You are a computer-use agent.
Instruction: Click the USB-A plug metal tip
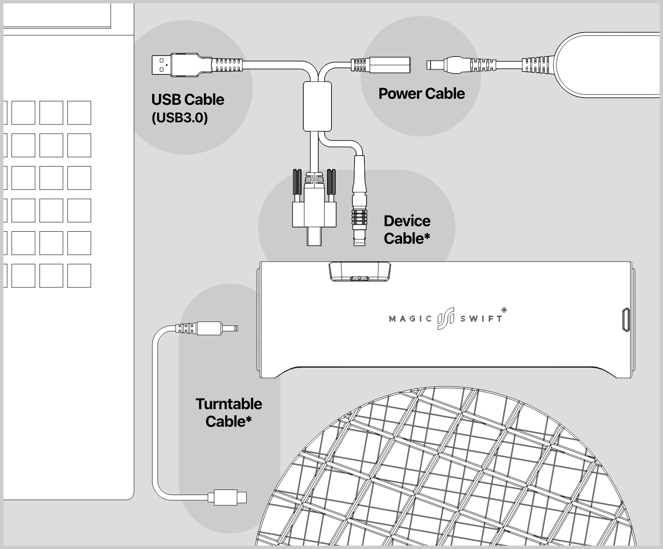pyautogui.click(x=161, y=65)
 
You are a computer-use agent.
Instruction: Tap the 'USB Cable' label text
pyautogui.click(x=188, y=100)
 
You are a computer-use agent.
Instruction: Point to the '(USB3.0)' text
pyautogui.click(x=179, y=118)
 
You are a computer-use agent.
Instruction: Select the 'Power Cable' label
pyautogui.click(x=421, y=94)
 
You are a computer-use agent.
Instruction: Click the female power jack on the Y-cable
pyautogui.click(x=389, y=65)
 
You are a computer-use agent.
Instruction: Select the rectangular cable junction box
pyautogui.click(x=317, y=106)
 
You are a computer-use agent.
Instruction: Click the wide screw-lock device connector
pyautogui.click(x=314, y=214)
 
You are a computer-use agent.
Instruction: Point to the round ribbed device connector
pyautogui.click(x=359, y=216)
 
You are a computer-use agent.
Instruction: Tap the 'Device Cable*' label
pyautogui.click(x=406, y=230)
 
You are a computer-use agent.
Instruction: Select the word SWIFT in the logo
pyautogui.click(x=481, y=319)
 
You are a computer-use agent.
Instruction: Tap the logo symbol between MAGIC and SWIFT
pyautogui.click(x=446, y=319)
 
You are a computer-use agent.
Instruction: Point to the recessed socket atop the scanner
pyautogui.click(x=360, y=272)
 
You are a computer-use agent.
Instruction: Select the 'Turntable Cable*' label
pyautogui.click(x=229, y=413)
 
